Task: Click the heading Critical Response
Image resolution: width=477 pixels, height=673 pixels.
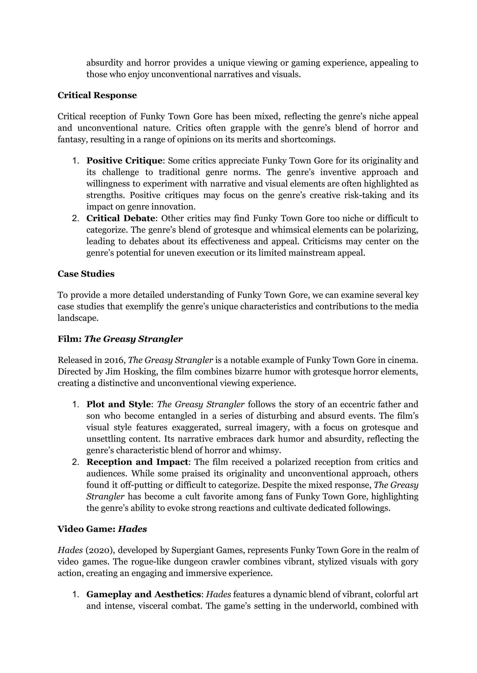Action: pyautogui.click(x=97, y=95)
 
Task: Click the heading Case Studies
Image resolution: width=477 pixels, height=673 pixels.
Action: pyautogui.click(x=86, y=274)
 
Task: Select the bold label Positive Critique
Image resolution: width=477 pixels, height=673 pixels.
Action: pyautogui.click(x=124, y=161)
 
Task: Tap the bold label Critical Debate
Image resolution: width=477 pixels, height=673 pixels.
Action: pyautogui.click(x=120, y=218)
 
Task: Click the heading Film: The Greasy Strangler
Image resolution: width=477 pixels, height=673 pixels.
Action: pyautogui.click(x=120, y=339)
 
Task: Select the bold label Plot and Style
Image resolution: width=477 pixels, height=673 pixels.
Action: pyautogui.click(x=118, y=404)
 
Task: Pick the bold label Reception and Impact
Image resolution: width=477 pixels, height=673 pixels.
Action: pyautogui.click(x=137, y=462)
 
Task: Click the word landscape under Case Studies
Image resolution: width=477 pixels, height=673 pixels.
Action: pyautogui.click(x=77, y=318)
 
